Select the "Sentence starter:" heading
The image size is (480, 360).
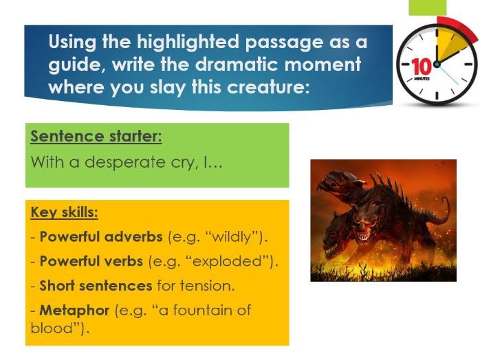click(x=96, y=136)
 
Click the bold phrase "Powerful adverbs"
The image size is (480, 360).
click(x=102, y=237)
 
